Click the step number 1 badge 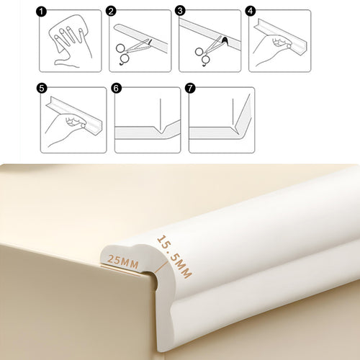tap(41, 12)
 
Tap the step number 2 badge tap(111, 12)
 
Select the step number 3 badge tap(180, 12)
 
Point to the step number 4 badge tap(251, 12)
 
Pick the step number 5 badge tap(42, 89)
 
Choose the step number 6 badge tap(116, 89)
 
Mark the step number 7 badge tap(190, 89)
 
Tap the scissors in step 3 tap(207, 52)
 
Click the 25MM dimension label tap(123, 261)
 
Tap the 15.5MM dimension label tap(174, 257)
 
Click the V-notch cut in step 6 tap(160, 130)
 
